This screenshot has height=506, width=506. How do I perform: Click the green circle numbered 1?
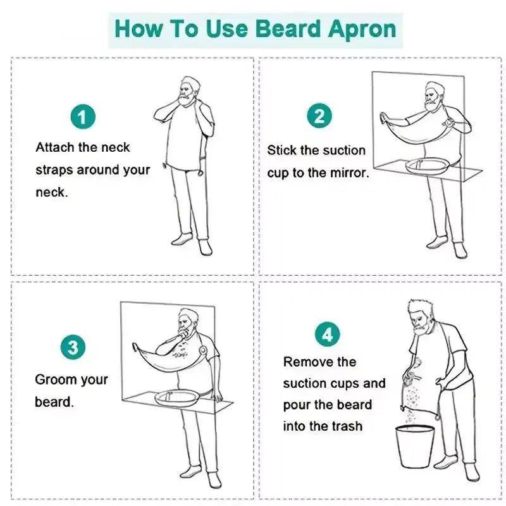pos(82,118)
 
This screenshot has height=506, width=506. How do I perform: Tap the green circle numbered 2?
pos(319,116)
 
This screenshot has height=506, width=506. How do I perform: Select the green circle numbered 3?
pos(73,347)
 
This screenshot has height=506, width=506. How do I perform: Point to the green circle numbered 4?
pos(327,333)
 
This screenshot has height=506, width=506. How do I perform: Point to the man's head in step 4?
pos(420,315)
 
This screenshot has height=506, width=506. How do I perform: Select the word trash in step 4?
pos(347,426)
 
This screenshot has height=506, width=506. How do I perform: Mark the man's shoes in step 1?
pos(189,243)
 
